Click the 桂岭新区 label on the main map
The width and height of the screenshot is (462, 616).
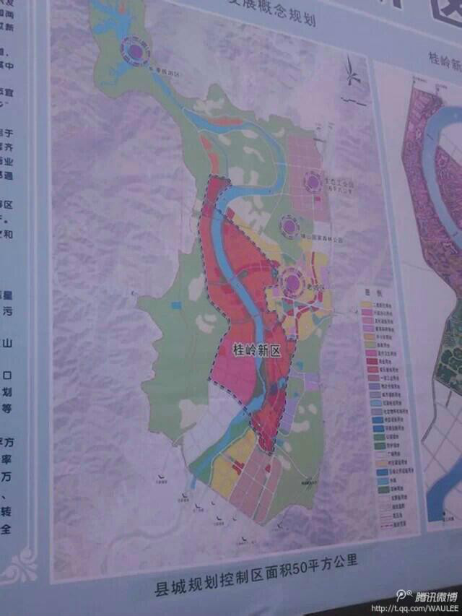pos(256,350)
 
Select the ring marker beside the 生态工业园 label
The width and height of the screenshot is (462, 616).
pos(313,181)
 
